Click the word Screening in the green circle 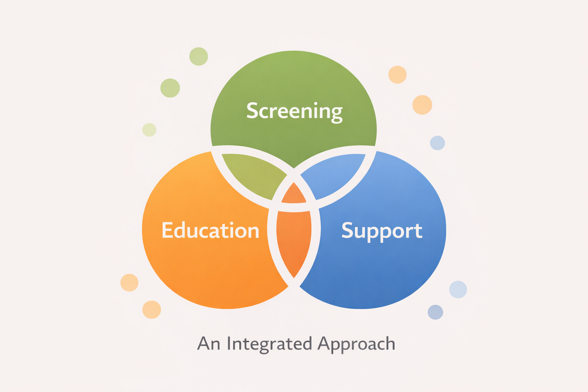pos(294,112)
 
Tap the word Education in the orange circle pos(211,230)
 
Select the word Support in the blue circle pos(382,231)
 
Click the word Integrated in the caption pos(269,344)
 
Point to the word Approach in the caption pos(356,344)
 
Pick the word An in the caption pos(209,343)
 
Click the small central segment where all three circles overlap pos(294,194)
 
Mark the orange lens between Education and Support pos(294,243)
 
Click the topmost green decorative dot pos(199,56)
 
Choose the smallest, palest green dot pos(149,130)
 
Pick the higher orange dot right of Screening pos(397,75)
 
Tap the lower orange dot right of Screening pos(422,105)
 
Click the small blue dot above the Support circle pos(437,143)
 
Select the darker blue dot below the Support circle pos(436,312)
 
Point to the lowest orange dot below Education pos(152,310)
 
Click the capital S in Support pos(347,230)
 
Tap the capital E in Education pos(167,230)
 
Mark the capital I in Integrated pos(229,343)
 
